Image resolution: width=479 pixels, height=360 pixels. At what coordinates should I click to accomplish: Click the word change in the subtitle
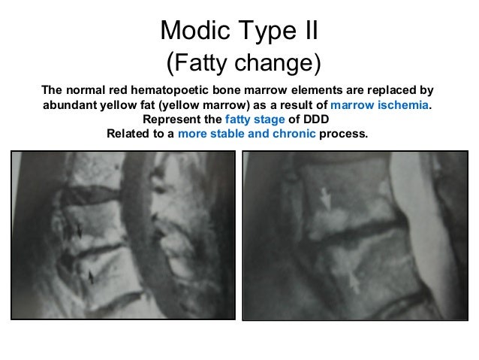[x=275, y=63]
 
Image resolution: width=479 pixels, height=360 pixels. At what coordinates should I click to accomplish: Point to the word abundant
[x=71, y=106]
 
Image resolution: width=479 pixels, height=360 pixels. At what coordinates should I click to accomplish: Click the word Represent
[x=172, y=120]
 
